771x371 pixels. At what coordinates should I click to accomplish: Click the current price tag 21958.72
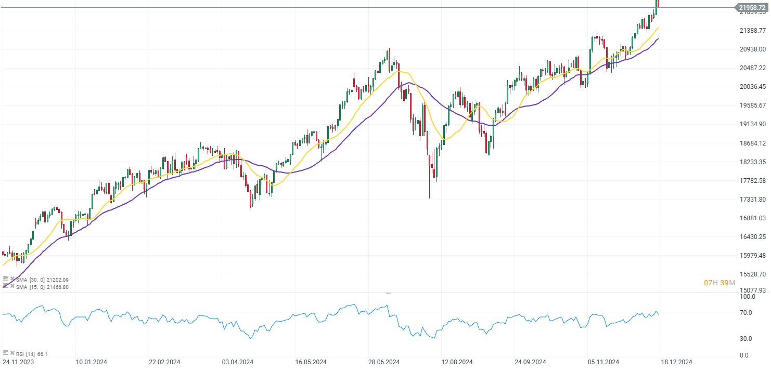click(752, 8)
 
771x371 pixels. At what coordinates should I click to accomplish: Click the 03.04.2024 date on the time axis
click(238, 362)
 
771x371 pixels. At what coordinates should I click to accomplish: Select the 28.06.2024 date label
click(384, 362)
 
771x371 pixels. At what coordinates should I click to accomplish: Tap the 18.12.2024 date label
click(676, 362)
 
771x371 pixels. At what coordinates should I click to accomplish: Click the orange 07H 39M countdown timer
click(719, 283)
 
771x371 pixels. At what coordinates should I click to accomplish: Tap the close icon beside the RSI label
click(12, 353)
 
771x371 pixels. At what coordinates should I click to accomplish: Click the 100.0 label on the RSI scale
click(748, 297)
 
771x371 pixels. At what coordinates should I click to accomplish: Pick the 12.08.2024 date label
click(457, 362)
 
